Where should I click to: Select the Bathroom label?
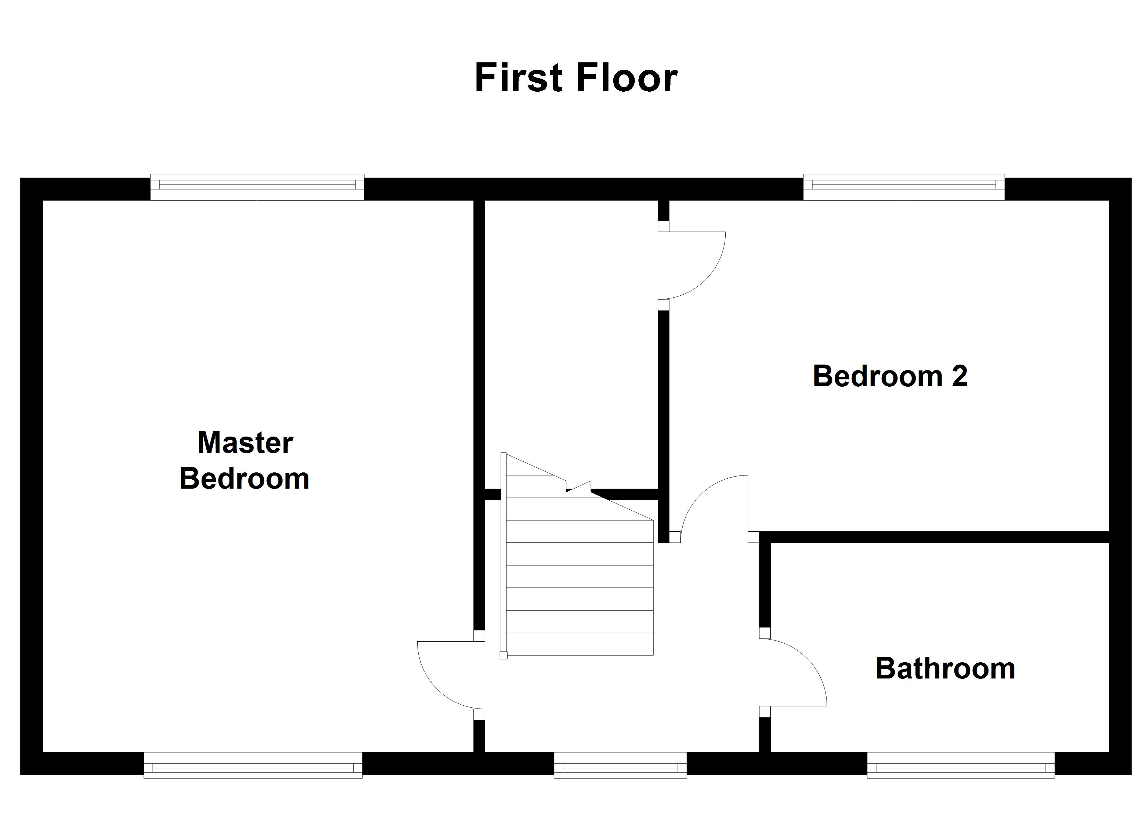pos(945,668)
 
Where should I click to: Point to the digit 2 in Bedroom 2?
pos(959,376)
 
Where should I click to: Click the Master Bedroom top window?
pos(257,187)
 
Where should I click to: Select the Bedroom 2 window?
pos(903,187)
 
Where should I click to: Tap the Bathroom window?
pos(961,765)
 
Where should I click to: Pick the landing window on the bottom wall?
pos(620,765)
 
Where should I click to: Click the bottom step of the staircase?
pos(580,644)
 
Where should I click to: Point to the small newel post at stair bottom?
pos(503,655)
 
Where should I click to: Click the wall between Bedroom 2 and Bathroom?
pos(938,537)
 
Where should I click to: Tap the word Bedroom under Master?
pos(245,478)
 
